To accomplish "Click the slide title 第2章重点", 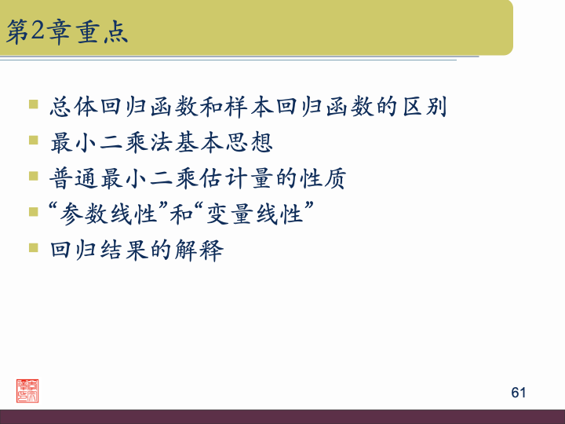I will click(67, 32).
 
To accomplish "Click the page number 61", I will click(518, 392).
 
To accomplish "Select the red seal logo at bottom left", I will click(28, 391).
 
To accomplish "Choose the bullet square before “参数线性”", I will click(33, 212).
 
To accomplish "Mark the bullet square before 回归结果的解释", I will click(33, 248).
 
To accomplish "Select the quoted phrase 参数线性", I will click(98, 214).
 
